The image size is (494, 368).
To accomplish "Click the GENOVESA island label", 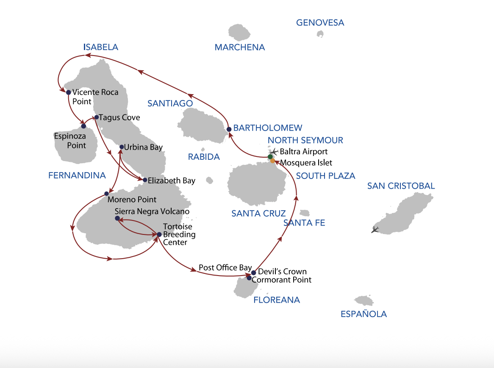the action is tap(320, 23).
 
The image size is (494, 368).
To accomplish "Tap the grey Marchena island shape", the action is tap(239, 33).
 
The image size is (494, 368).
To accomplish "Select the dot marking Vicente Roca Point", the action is tap(68, 92).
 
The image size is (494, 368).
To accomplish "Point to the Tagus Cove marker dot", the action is tap(97, 117).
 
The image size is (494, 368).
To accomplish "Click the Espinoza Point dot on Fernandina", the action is tap(83, 126).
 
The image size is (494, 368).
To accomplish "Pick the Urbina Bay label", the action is tap(143, 147).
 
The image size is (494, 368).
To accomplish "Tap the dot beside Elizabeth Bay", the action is tap(145, 180).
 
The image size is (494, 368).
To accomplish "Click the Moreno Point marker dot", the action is tap(106, 194).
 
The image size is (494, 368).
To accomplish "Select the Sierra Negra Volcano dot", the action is tap(117, 218).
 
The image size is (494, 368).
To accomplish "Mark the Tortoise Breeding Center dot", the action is tap(159, 234).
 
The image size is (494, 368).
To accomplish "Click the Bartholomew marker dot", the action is tap(229, 129).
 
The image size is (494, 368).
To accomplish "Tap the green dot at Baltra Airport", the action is tap(270, 157).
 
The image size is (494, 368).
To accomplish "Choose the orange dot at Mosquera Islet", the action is tap(272, 161).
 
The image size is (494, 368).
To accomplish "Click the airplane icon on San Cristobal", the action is tap(375, 229).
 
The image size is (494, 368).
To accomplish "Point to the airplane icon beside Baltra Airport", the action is tap(274, 151).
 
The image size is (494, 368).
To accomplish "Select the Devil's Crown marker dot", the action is tap(254, 273).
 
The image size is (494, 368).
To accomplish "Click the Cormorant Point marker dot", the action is tap(249, 278).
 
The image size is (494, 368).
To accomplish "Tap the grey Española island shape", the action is tap(364, 301).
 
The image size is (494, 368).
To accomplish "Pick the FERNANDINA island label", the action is tap(77, 176).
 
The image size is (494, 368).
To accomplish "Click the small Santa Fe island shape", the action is tap(304, 213).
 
